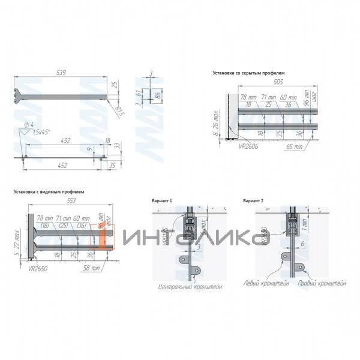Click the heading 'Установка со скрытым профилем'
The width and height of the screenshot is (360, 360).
[x=248, y=73]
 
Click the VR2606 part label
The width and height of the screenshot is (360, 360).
[x=247, y=145]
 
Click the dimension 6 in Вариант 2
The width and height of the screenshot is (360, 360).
[x=304, y=244]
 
